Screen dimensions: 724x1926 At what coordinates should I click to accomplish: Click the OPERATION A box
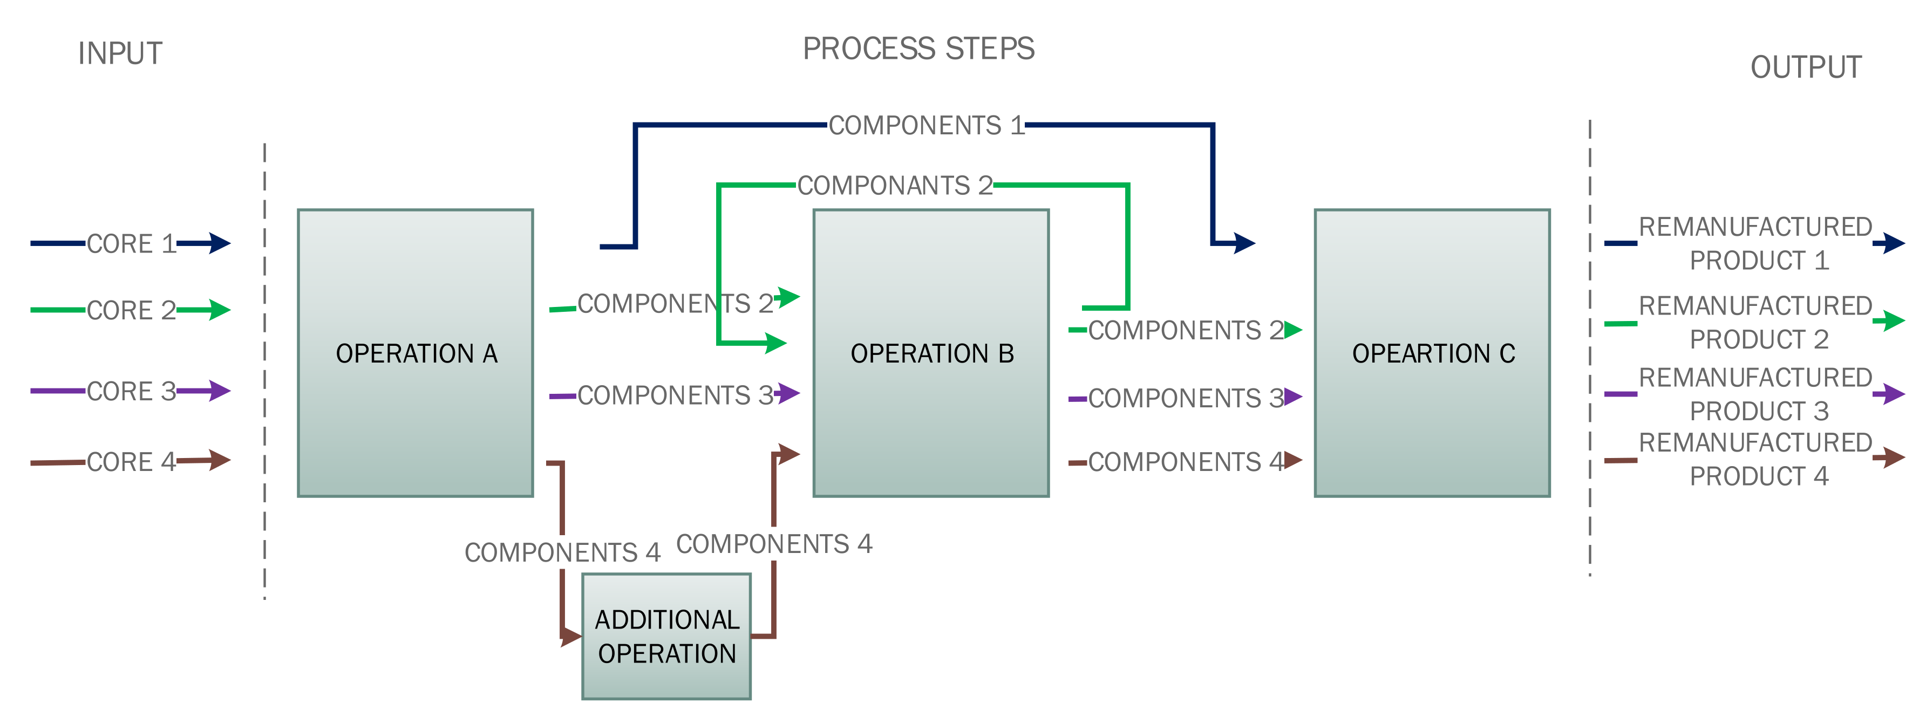click(x=415, y=353)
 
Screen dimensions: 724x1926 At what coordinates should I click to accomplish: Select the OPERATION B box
click(x=931, y=353)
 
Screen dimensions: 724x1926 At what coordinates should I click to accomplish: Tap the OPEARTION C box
click(x=1432, y=353)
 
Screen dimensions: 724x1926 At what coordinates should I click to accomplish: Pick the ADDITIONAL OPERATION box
click(x=666, y=637)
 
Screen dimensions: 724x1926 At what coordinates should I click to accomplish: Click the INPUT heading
click(x=120, y=54)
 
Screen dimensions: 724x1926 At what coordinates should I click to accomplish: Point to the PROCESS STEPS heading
click(x=918, y=49)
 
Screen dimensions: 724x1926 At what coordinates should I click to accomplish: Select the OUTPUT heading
click(x=1806, y=67)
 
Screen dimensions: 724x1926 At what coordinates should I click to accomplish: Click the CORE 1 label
click(x=131, y=243)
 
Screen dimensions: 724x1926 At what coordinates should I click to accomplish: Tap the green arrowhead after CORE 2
click(x=220, y=309)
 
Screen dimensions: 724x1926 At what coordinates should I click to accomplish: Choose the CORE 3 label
click(x=131, y=391)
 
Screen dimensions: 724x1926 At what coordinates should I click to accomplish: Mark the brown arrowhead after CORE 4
click(x=220, y=460)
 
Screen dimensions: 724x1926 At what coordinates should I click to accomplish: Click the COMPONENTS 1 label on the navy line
click(x=925, y=126)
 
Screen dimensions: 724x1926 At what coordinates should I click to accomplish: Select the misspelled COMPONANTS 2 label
click(x=894, y=185)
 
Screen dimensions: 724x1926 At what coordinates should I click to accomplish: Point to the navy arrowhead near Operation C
click(x=1244, y=243)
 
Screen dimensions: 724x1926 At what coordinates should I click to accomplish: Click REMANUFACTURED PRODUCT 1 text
click(x=1755, y=243)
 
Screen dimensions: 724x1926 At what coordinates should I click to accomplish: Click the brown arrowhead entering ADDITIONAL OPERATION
click(x=571, y=637)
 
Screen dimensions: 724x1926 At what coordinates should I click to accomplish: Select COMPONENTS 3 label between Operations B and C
click(x=1185, y=398)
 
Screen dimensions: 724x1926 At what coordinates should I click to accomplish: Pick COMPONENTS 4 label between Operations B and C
click(x=1185, y=462)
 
